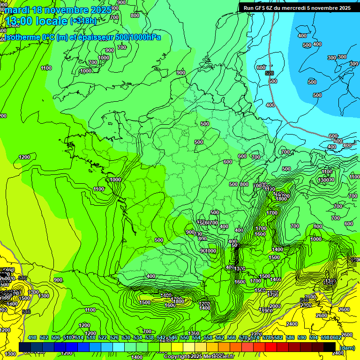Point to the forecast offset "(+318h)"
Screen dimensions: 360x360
tap(83, 21)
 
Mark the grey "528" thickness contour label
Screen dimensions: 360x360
tap(269, 74)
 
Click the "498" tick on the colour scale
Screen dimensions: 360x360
tap(32, 337)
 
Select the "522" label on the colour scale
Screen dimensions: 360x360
tap(103, 337)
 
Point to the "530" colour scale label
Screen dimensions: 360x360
tap(126, 337)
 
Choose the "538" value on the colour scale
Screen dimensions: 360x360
tap(150, 337)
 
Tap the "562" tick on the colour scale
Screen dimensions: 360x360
tap(220, 337)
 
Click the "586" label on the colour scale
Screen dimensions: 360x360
tap(290, 337)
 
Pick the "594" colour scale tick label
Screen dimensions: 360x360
tap(314, 337)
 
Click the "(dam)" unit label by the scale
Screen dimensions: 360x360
tap(346, 347)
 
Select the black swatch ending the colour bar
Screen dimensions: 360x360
tap(330, 347)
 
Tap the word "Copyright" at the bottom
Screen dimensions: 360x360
tap(177, 357)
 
